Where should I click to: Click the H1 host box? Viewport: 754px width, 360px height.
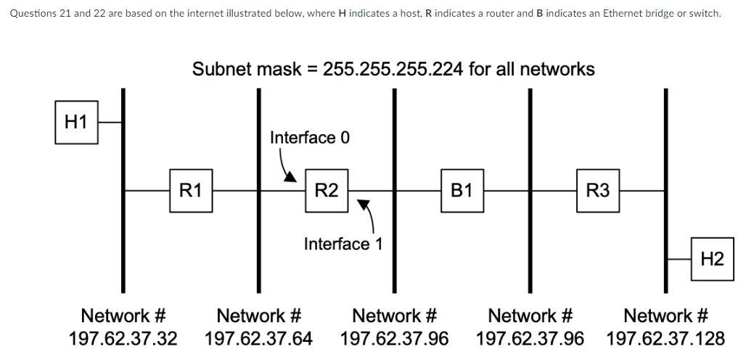click(x=76, y=123)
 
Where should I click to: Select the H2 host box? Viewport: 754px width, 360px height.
click(x=712, y=259)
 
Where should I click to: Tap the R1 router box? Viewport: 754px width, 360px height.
click(x=191, y=191)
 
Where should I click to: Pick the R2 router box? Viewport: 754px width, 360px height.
click(x=327, y=191)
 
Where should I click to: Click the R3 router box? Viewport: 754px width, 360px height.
click(x=597, y=191)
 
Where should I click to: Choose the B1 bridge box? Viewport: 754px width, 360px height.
click(x=462, y=191)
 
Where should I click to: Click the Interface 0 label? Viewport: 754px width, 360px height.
click(x=309, y=137)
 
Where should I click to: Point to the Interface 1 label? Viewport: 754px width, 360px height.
click(x=343, y=244)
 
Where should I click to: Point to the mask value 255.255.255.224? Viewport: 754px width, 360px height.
click(x=393, y=70)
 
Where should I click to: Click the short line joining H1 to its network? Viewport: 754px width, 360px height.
click(x=110, y=123)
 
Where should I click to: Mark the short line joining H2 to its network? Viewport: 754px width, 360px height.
click(x=679, y=259)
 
